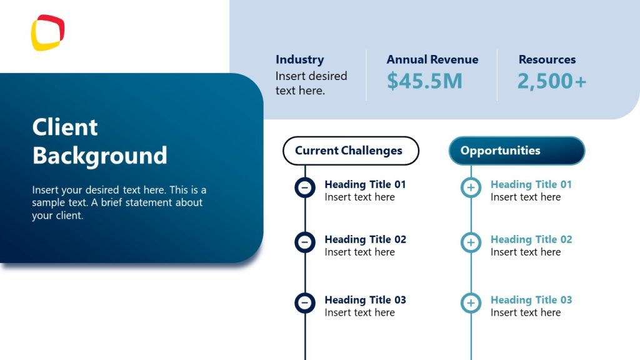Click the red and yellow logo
tap(47, 32)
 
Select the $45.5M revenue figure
tap(424, 81)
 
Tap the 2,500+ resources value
tap(552, 81)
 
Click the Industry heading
tap(299, 60)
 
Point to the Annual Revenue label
tap(432, 60)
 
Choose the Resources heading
tap(547, 60)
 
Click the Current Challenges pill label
tap(349, 151)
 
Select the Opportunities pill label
tap(500, 151)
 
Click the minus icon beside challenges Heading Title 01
tap(305, 187)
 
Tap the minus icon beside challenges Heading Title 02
tap(305, 242)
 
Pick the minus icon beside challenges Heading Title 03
tap(305, 302)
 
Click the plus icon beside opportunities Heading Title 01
tap(471, 187)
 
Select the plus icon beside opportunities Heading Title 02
tap(471, 242)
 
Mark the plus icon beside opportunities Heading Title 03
tap(471, 302)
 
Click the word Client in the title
tap(65, 127)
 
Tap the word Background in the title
tap(99, 155)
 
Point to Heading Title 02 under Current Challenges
tap(365, 239)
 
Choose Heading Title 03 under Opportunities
tap(531, 300)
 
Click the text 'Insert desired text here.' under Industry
tap(311, 83)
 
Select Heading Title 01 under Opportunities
tap(531, 184)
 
